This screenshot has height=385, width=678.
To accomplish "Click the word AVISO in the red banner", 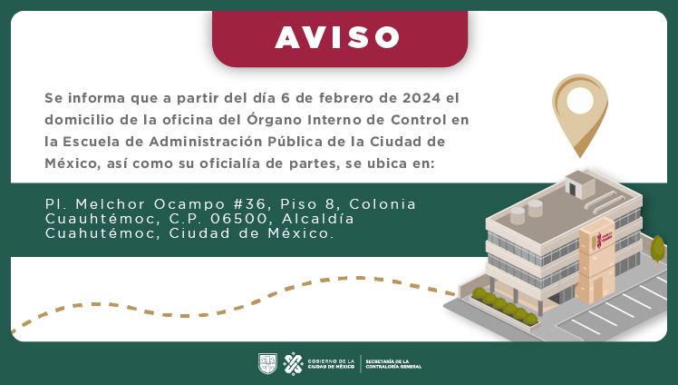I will coord(338,37).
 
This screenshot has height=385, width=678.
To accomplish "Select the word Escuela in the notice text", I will coord(92,143).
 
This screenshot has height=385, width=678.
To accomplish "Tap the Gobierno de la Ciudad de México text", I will coord(331,363).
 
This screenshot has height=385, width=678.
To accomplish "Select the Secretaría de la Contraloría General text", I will coord(392,363).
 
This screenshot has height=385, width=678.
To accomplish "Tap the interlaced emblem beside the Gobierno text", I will coord(293,363).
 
